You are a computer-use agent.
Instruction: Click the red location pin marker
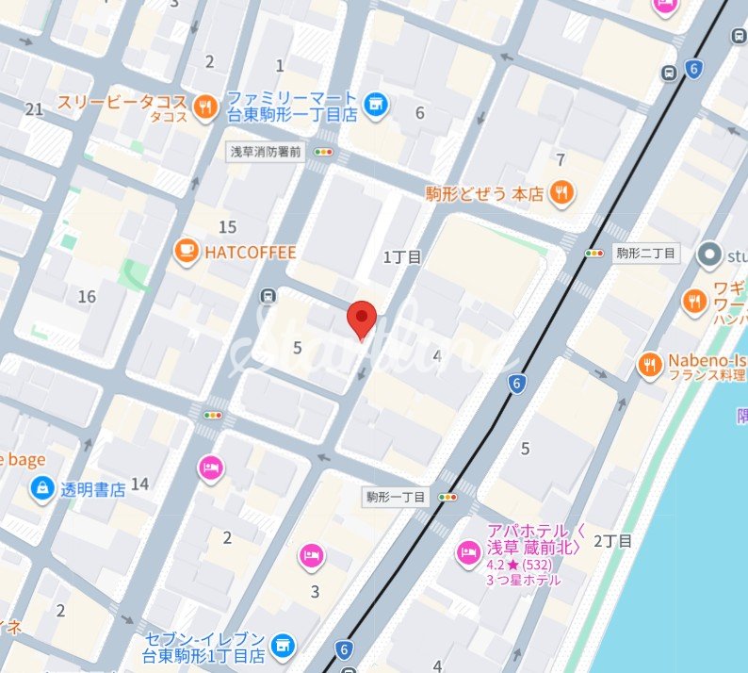(x=362, y=319)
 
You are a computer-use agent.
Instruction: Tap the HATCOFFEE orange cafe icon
(x=186, y=252)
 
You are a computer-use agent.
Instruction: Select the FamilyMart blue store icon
(x=376, y=105)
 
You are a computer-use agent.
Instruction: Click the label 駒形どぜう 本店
(x=484, y=194)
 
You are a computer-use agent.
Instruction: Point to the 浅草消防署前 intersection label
(x=267, y=151)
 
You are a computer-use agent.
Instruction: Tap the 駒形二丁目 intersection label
(x=645, y=253)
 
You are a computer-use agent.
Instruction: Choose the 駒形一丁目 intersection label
(x=397, y=496)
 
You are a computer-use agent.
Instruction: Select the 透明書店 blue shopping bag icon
(x=42, y=488)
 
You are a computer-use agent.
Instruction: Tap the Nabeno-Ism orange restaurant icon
(x=649, y=365)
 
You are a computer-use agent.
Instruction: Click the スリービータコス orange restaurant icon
(x=204, y=108)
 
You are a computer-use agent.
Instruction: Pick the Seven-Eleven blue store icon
(x=280, y=647)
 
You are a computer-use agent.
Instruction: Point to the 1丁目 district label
(x=402, y=256)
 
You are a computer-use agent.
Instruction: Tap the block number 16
(x=87, y=297)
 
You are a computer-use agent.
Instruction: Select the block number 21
(x=34, y=109)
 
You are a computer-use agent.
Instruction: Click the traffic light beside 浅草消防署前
(x=325, y=151)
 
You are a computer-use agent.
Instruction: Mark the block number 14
(x=139, y=484)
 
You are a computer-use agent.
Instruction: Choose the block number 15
(x=227, y=226)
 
